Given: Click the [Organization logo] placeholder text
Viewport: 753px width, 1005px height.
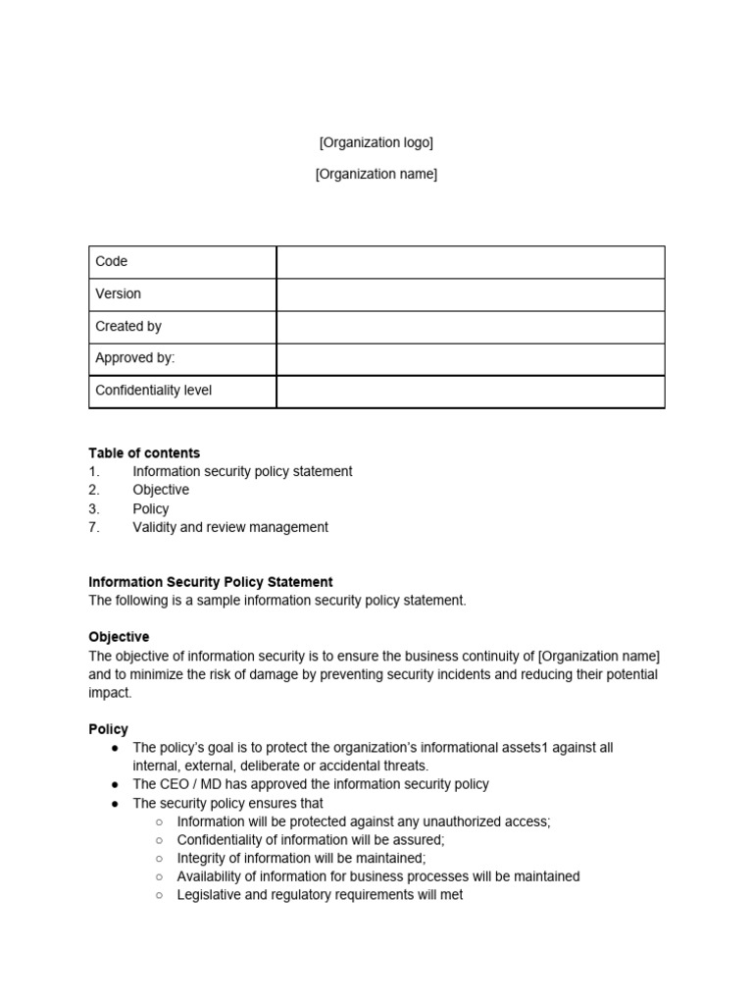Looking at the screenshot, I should (376, 142).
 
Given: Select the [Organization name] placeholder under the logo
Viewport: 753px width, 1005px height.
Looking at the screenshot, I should (376, 174).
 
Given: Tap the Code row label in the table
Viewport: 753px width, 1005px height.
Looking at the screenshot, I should (111, 261).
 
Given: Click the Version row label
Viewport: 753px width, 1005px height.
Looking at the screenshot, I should (118, 293).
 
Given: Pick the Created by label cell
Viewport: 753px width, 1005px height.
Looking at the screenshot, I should (128, 326).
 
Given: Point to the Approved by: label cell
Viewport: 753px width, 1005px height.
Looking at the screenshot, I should (134, 358).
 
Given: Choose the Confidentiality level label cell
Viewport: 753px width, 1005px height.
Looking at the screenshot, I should (153, 391).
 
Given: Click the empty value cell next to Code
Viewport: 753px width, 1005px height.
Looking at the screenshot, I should (470, 262).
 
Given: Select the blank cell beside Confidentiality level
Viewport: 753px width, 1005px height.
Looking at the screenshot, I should (470, 391).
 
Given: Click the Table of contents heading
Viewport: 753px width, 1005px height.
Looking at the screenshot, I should (144, 452).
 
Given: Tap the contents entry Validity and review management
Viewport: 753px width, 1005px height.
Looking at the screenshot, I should (230, 527).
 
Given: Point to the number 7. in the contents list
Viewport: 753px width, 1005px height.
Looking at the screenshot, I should (94, 527).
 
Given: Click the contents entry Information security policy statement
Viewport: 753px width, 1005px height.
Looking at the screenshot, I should (242, 471).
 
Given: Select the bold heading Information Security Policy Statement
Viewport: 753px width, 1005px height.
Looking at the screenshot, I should (211, 582).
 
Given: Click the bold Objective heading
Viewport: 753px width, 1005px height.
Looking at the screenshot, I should (119, 637).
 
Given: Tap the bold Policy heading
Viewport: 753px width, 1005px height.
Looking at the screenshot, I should (108, 729).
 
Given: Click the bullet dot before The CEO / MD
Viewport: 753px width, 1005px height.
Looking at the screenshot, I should (116, 785).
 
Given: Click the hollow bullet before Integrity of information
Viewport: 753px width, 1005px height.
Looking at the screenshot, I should (160, 859).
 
